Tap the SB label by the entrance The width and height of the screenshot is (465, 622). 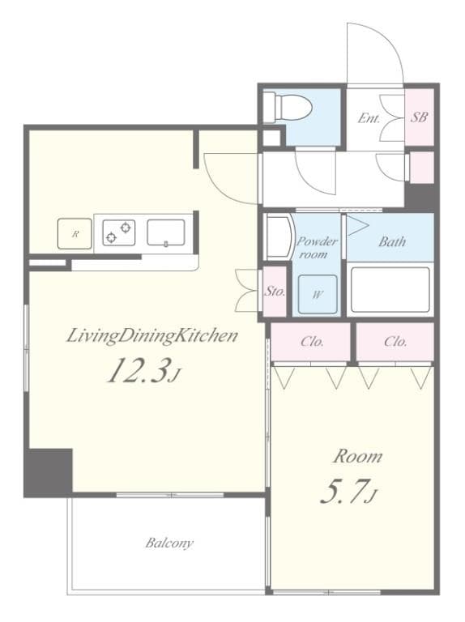coord(419,117)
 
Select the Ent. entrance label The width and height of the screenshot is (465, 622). coord(369,117)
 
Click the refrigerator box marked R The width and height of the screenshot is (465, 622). coord(75,234)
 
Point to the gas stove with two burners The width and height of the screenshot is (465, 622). coord(118,232)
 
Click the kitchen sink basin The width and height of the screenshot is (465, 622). coord(166,233)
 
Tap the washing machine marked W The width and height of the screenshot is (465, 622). coord(318,294)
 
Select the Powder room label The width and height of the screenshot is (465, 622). coord(317,248)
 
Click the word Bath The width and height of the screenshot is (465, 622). coord(392,241)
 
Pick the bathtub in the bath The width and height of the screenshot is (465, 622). coord(390,289)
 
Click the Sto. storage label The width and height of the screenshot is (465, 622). coord(275,292)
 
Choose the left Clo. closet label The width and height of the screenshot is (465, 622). coord(312,342)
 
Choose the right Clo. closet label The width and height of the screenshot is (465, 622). coord(395,342)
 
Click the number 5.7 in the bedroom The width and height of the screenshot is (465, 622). coord(343,491)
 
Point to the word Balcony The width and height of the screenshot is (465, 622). coord(169,543)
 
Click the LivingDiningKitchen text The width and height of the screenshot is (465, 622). coord(152,336)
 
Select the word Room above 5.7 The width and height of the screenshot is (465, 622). coord(357,457)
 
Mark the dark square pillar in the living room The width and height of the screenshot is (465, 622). coord(49,472)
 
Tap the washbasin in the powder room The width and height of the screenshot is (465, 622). coord(279,236)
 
